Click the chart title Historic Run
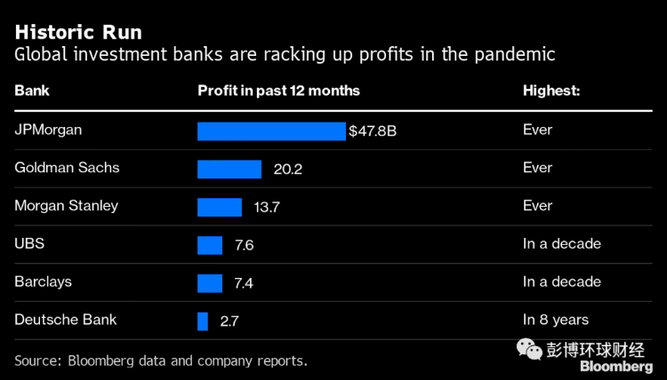(77, 32)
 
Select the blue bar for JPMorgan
(271, 131)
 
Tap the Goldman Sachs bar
(229, 169)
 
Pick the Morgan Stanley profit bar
(220, 207)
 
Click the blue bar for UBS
(210, 245)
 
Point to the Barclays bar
(210, 282)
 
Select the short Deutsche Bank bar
(203, 321)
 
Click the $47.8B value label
(373, 131)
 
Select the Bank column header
(31, 91)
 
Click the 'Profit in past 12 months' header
(278, 91)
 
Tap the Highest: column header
(551, 91)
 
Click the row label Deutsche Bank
(66, 320)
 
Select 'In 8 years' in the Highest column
(556, 320)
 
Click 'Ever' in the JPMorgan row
(537, 131)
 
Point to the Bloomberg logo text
(616, 366)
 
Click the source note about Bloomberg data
(161, 360)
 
